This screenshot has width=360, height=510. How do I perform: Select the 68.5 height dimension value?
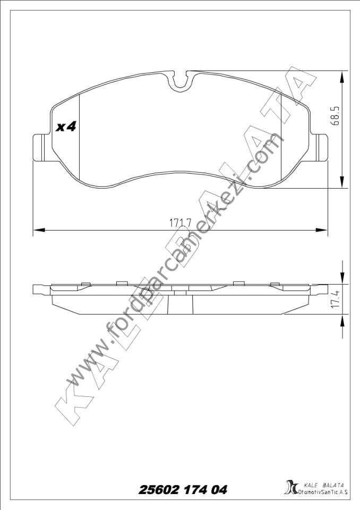[335, 114]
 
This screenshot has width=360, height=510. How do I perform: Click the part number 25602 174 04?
[183, 490]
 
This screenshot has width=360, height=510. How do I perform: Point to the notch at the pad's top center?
[181, 81]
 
